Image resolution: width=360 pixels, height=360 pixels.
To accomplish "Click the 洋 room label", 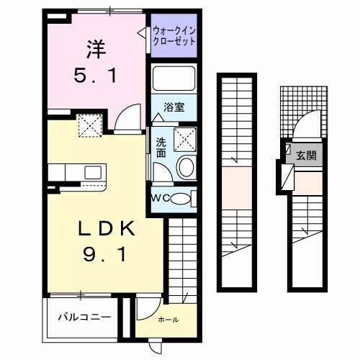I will click(x=97, y=50).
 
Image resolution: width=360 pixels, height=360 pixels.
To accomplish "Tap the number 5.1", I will click(x=97, y=74).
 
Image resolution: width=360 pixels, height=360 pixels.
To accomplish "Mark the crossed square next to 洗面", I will click(x=183, y=137).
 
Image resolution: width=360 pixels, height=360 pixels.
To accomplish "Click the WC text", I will click(x=160, y=198).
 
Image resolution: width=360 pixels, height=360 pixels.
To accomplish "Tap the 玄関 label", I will click(x=306, y=155).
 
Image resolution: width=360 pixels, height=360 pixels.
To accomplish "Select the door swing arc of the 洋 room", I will click(x=129, y=115).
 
